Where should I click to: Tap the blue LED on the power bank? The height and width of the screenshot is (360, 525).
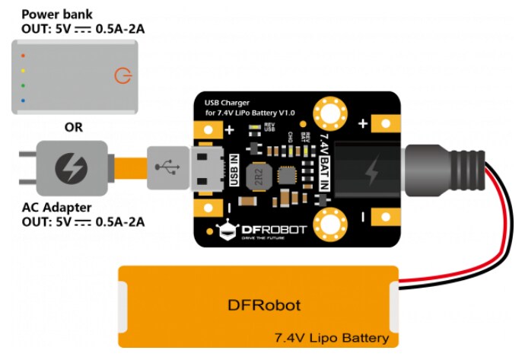(x=24, y=100)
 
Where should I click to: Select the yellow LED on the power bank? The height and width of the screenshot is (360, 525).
(x=24, y=70)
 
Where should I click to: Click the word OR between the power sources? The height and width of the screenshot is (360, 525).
(x=73, y=127)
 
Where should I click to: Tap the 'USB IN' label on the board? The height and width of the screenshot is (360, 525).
(x=234, y=168)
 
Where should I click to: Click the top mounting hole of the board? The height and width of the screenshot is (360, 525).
(x=331, y=113)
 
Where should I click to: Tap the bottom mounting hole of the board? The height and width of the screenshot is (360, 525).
(x=331, y=226)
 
